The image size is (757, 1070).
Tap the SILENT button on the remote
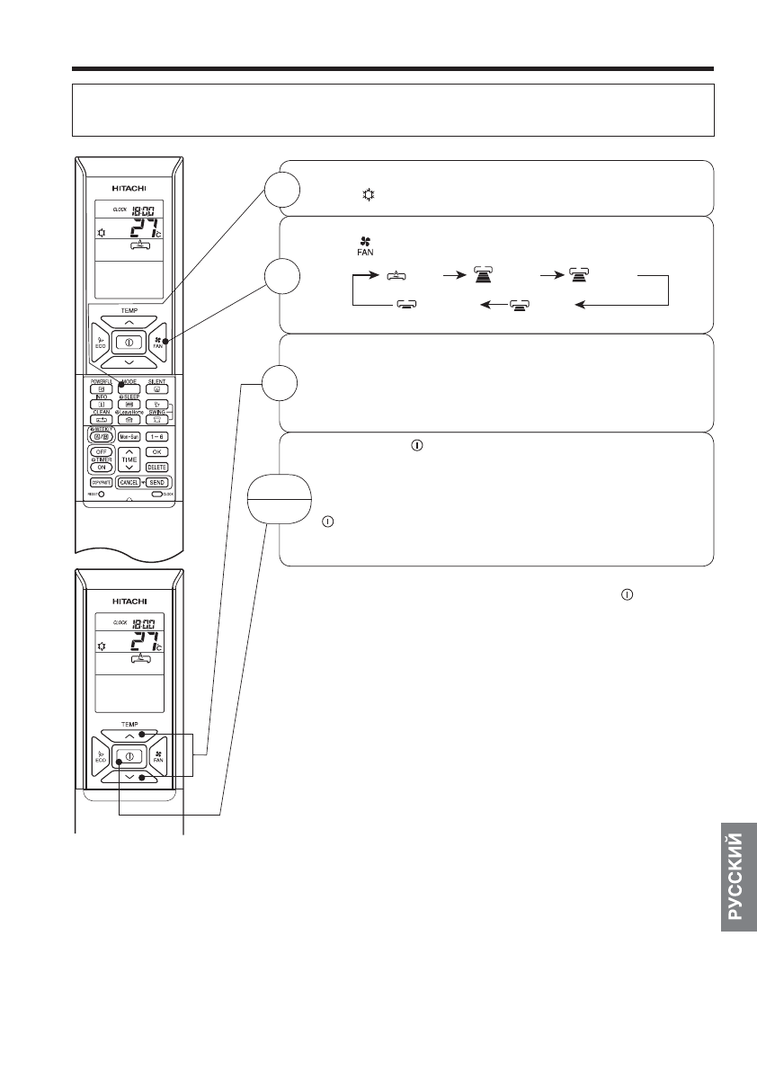point(157,388)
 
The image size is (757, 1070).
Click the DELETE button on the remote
point(156,467)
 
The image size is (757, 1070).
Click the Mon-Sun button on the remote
point(129,436)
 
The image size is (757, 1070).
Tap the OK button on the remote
point(156,451)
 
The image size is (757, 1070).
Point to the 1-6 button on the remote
point(156,436)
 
